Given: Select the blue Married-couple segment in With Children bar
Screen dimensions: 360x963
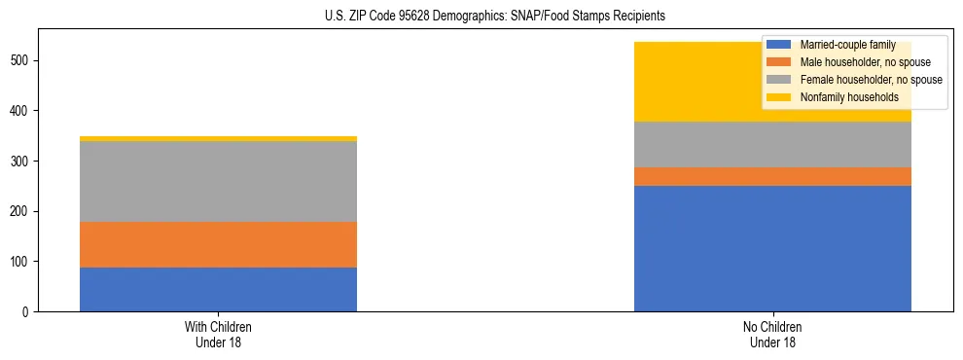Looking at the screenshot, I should pos(218,289).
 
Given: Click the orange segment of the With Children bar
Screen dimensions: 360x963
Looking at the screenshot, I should pos(218,244).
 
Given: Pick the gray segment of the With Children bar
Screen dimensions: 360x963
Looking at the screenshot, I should pos(218,182).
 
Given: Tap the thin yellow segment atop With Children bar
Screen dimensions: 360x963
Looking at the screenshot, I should pos(218,139).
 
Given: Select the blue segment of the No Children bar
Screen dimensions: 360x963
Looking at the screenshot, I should pos(772,248).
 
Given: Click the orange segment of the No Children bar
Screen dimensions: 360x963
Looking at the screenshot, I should pos(772,176).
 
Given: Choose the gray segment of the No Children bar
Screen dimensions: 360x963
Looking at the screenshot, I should pos(772,144).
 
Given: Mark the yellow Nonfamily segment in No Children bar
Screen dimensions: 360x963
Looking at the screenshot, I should pos(700,82).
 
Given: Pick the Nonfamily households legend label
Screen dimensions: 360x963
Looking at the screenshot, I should pos(849,97).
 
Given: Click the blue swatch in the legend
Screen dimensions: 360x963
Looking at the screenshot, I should pos(779,45).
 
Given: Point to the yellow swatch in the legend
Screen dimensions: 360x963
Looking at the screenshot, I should pos(779,97).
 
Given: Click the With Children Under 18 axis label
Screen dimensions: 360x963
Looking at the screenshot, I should pos(218,334).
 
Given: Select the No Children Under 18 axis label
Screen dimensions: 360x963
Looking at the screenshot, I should pos(772,334).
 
